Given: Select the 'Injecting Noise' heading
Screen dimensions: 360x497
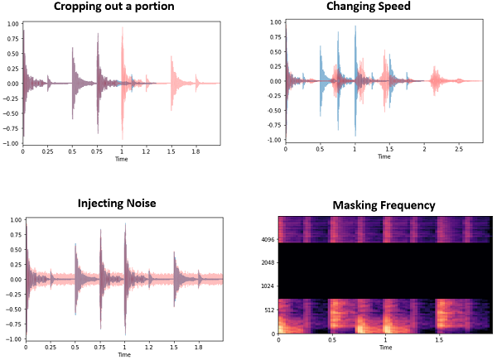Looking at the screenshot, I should [123, 204].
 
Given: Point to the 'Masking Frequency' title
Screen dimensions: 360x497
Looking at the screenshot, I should [384, 205].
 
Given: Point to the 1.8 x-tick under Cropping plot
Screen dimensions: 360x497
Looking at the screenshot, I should [196, 152].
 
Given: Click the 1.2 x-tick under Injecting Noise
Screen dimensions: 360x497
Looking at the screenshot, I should [150, 348].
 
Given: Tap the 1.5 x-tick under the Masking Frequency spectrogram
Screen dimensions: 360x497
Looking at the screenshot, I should [438, 341].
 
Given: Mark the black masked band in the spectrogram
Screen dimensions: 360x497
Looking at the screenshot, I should [386, 270].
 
